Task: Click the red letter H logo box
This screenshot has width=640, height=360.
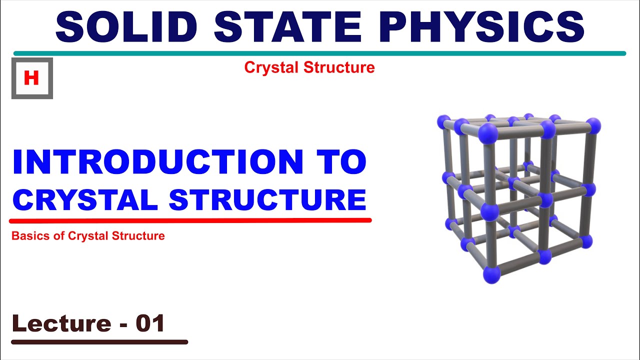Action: click(x=32, y=78)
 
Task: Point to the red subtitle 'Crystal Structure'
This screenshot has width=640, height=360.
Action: click(x=309, y=67)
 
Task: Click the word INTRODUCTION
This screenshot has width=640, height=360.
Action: click(x=157, y=162)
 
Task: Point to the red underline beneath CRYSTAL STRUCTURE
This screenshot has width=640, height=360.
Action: click(x=190, y=220)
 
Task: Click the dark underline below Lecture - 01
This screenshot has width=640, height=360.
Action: click(x=99, y=342)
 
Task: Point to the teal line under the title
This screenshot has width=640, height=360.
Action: click(x=320, y=53)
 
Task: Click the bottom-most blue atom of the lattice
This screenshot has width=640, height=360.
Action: click(x=491, y=274)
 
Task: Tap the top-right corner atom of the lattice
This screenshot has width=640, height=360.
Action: click(x=593, y=125)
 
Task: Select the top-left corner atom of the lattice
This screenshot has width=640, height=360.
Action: click(x=443, y=121)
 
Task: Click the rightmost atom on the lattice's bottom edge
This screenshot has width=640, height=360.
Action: click(x=586, y=241)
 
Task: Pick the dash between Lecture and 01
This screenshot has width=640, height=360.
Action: click(x=122, y=325)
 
